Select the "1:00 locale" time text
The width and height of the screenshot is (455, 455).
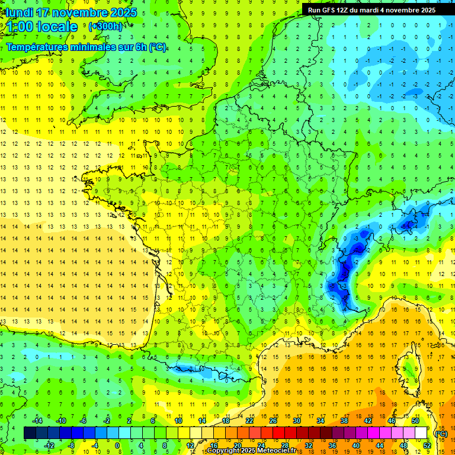[43, 27]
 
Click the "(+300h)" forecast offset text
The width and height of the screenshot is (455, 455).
[105, 27]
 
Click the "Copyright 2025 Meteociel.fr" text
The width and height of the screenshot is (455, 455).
[251, 451]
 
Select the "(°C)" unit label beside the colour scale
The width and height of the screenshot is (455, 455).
[441, 433]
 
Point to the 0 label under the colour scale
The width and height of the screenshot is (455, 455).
[117, 446]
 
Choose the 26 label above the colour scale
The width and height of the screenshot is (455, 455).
[273, 421]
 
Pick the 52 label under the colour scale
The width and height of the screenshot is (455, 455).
[427, 446]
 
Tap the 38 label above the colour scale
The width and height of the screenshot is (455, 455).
[344, 421]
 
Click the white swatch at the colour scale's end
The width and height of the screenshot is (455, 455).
[421, 433]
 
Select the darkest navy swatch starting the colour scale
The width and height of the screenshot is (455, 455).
[30, 433]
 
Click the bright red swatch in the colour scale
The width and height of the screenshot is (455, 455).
[279, 433]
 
